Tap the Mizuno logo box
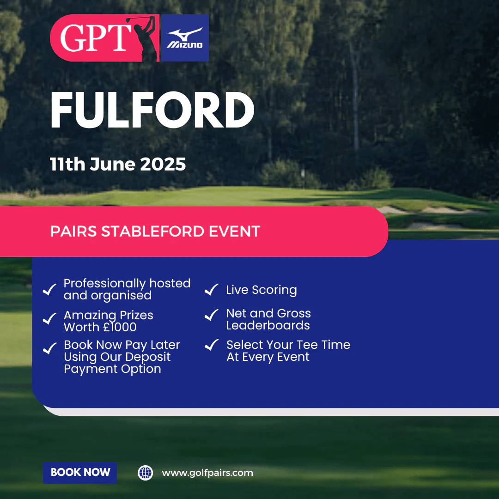[185, 38]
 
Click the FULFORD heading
[152, 110]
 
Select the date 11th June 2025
[118, 164]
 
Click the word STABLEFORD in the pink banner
[152, 231]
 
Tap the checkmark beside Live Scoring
[211, 289]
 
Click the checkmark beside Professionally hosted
[49, 289]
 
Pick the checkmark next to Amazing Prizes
[49, 318]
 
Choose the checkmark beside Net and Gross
[211, 315]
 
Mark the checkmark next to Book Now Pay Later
[49, 348]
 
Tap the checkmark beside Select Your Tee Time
[211, 345]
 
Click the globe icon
[146, 473]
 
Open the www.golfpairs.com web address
[207, 473]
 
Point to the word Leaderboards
[268, 325]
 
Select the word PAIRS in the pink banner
[73, 231]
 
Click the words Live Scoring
[262, 290]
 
